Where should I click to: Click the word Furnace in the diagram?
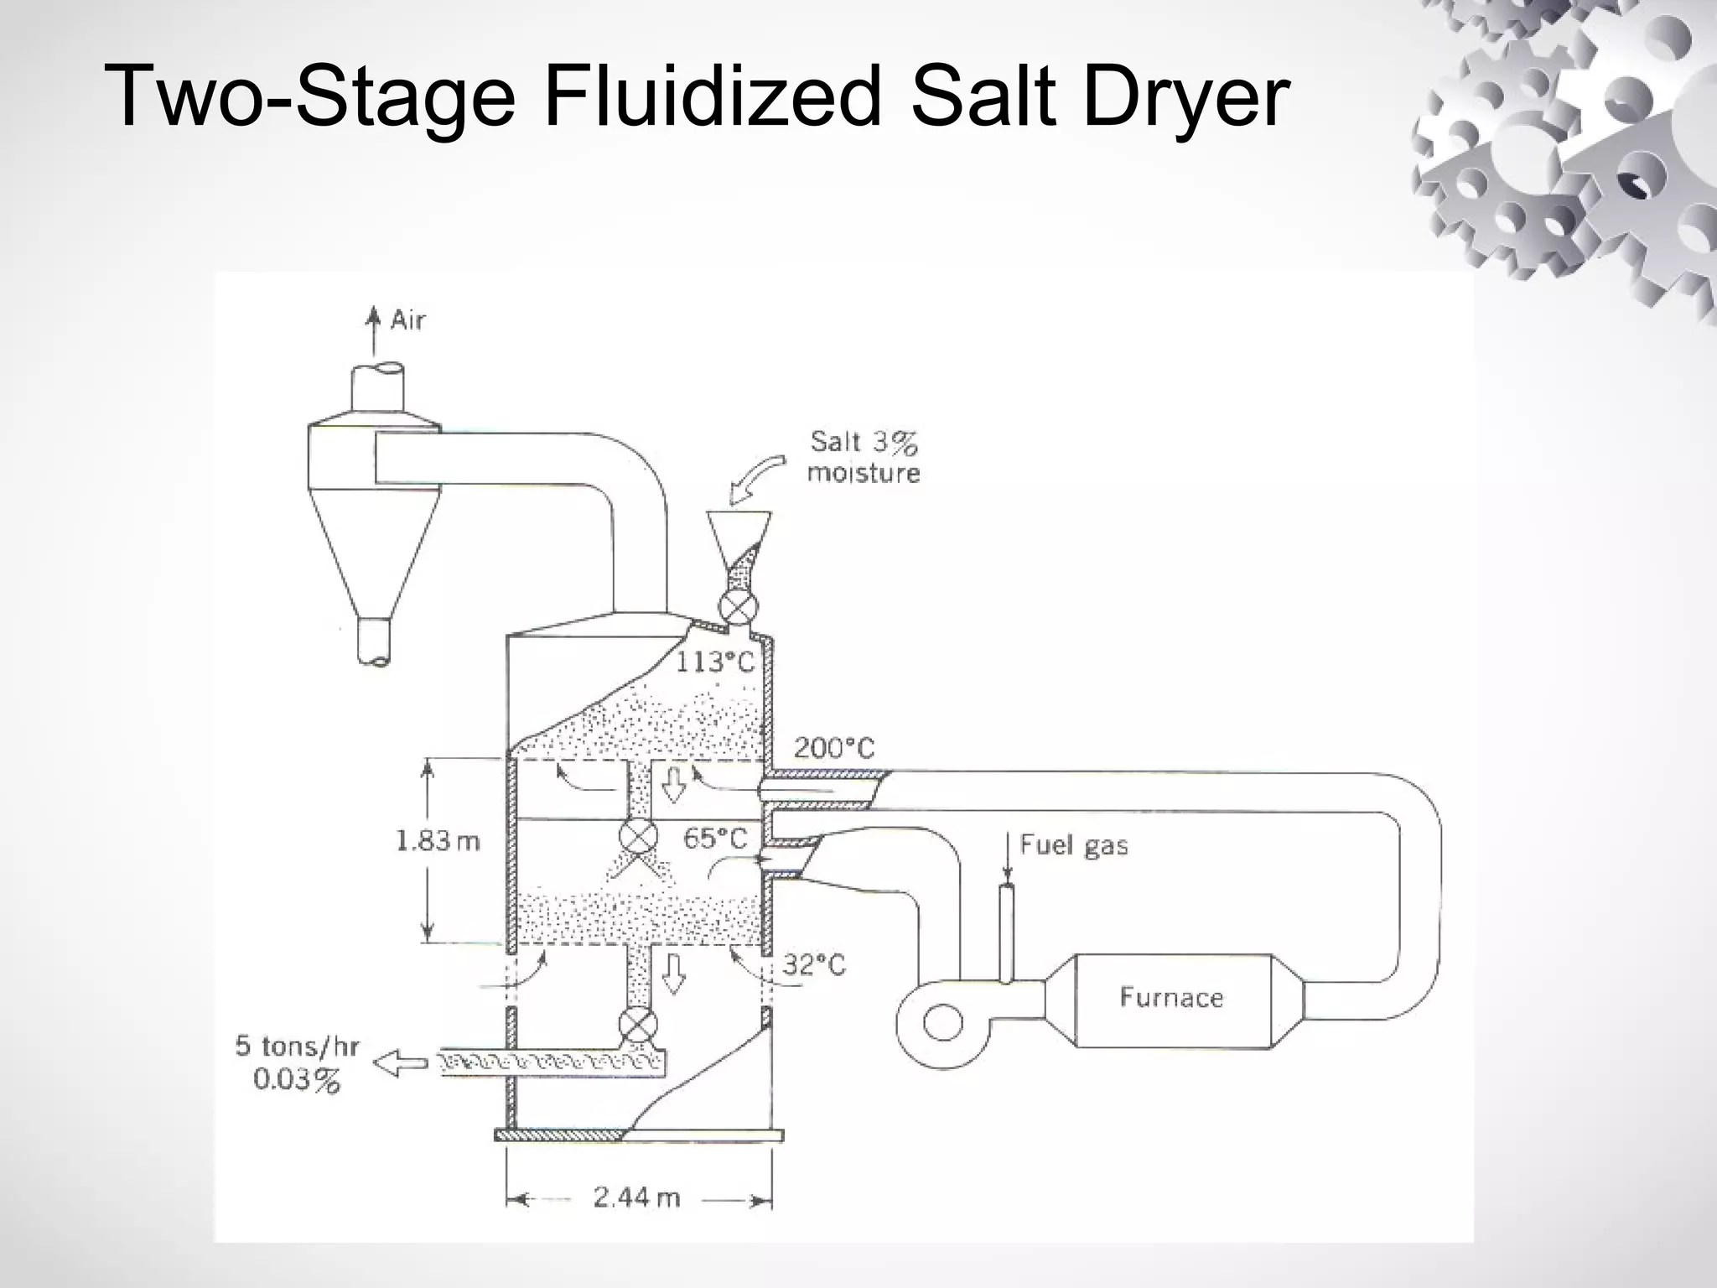(x=1171, y=997)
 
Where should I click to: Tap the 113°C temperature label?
(x=715, y=662)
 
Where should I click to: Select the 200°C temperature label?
(x=833, y=748)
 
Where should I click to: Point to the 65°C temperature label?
(x=714, y=838)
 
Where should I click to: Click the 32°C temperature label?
(x=814, y=965)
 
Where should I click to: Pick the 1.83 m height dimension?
(x=438, y=841)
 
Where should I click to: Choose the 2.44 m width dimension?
(x=636, y=1198)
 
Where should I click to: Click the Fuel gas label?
(x=1073, y=844)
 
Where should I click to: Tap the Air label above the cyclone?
(x=408, y=320)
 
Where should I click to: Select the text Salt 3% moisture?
(x=864, y=457)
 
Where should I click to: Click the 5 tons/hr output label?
(x=297, y=1046)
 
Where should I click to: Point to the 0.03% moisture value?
(x=297, y=1079)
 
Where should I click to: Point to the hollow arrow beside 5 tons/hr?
(x=399, y=1063)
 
